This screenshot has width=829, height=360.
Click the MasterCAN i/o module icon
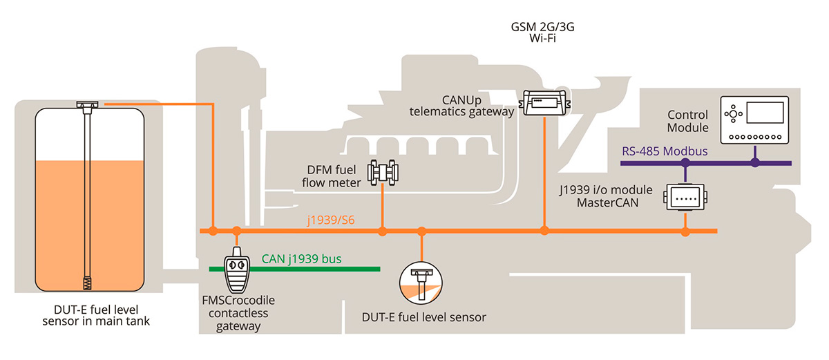tap(684, 198)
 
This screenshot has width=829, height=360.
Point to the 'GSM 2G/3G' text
tap(531, 28)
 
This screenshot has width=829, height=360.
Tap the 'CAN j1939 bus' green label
tap(301, 259)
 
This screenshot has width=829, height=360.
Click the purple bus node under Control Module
tap(754, 163)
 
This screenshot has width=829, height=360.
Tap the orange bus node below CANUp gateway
tap(544, 231)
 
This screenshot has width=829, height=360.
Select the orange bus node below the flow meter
tap(383, 231)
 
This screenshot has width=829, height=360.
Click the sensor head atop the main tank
tap(88, 105)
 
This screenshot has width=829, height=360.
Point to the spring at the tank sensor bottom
tap(88, 282)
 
